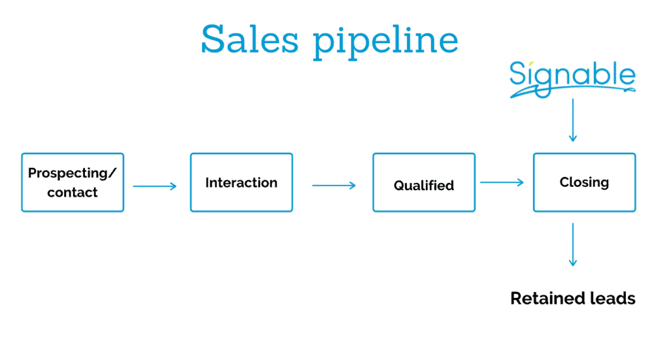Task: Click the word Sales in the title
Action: coord(250,39)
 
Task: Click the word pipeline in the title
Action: coord(385,42)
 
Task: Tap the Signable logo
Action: coord(572,79)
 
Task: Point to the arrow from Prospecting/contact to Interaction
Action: coord(154,186)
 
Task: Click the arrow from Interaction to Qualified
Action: coord(334,186)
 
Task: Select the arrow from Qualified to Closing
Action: coord(502,182)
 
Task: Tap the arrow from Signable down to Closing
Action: coord(573,120)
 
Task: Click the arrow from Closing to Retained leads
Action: coord(573,244)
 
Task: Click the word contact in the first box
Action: coord(73,192)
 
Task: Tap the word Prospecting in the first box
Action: coord(68,173)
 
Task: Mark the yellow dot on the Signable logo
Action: coord(531,64)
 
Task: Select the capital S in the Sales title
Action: coord(213,39)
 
